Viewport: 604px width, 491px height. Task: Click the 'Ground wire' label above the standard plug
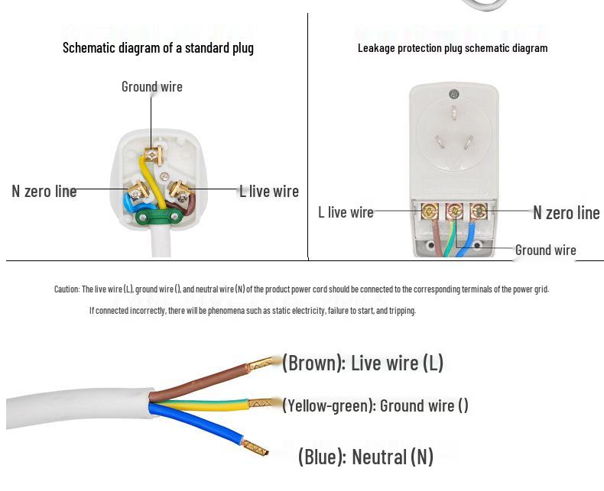click(151, 86)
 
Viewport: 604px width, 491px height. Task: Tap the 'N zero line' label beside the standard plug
click(44, 191)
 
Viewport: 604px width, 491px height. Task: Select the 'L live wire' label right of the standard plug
click(268, 191)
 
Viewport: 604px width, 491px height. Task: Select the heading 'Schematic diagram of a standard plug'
click(158, 47)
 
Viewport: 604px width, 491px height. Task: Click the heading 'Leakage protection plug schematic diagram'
click(453, 47)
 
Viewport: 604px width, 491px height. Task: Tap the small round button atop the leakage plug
click(453, 95)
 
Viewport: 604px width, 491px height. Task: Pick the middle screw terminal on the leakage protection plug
click(453, 209)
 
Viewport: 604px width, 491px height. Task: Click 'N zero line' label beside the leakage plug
click(566, 212)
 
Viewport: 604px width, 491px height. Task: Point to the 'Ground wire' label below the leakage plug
click(545, 250)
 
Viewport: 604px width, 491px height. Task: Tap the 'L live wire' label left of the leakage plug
click(346, 212)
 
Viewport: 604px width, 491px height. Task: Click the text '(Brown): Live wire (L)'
click(362, 363)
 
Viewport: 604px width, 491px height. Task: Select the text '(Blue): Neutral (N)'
click(365, 457)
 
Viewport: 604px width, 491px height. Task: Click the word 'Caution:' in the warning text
click(67, 289)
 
